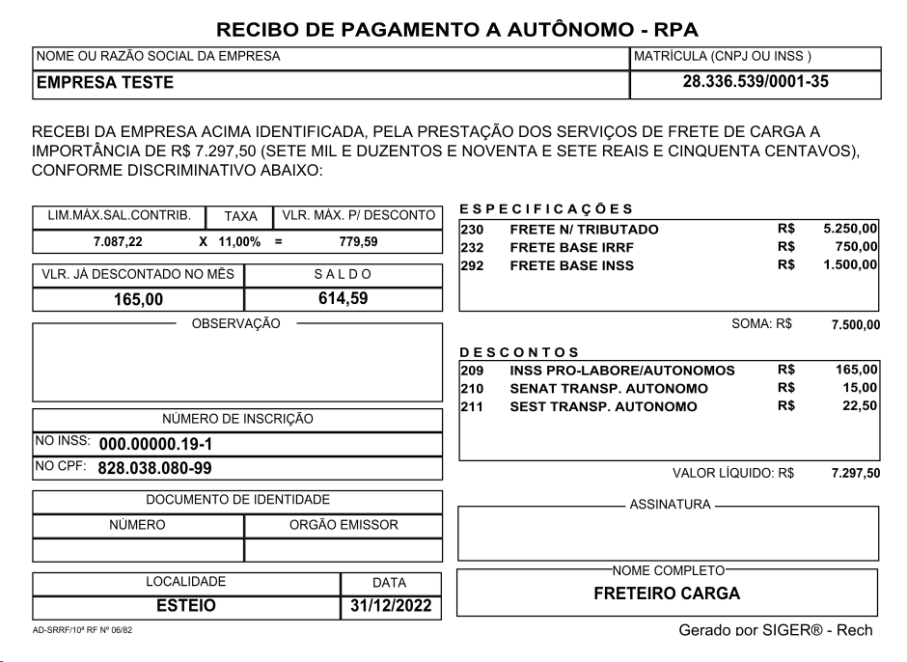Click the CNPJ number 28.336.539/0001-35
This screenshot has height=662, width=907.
pos(756,82)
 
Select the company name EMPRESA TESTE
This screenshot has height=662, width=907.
pos(105,83)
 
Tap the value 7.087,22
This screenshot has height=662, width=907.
pos(118,242)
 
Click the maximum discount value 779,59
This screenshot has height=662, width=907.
pos(359,242)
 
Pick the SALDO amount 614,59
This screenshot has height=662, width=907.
pos(344,298)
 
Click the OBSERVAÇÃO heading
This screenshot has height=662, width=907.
pos(236,324)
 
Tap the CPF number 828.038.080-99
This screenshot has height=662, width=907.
pos(155,469)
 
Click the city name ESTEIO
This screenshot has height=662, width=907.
pos(186,607)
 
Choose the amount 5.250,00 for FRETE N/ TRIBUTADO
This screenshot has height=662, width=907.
pos(850,230)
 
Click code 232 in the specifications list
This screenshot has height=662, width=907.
pos(472,248)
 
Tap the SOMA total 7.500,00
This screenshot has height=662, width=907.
pos(855,325)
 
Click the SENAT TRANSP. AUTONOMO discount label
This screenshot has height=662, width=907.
pos(608,389)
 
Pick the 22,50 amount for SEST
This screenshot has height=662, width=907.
pos(860,406)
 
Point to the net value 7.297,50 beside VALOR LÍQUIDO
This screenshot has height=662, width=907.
pos(855,474)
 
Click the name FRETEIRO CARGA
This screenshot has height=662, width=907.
pos(667,593)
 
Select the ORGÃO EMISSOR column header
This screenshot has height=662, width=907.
pos(344,525)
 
